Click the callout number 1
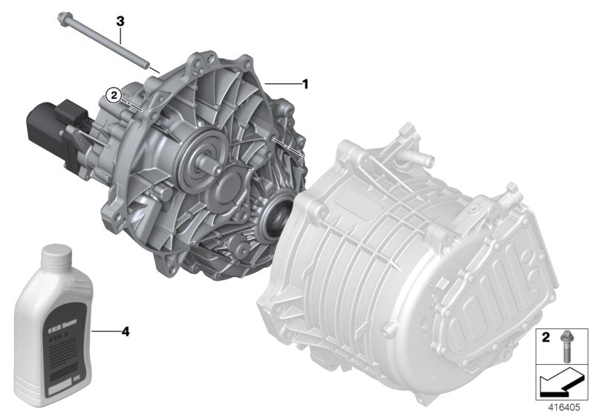304,85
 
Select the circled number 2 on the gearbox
113,94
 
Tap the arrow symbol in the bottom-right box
559,385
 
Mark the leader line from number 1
285,85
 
